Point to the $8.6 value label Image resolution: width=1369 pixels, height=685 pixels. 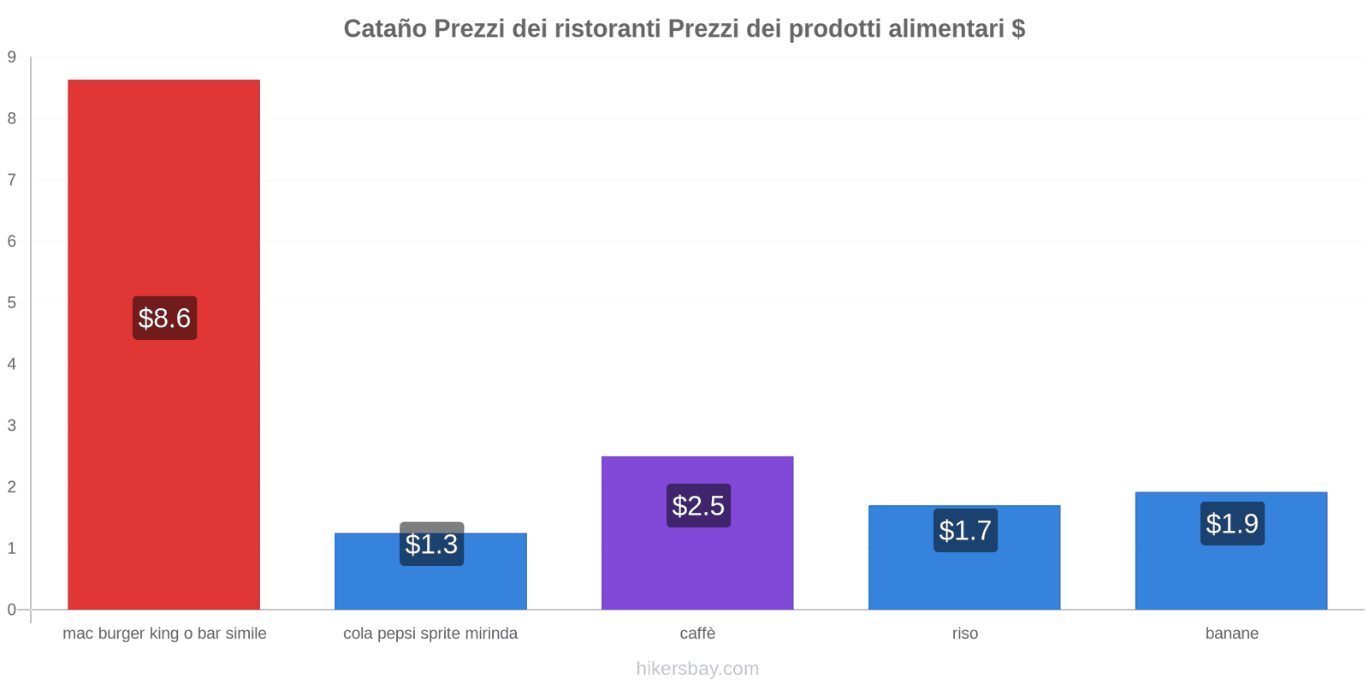[x=164, y=318]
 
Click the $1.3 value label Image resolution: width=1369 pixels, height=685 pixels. [x=431, y=544]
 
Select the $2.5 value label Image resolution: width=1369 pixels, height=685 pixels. [x=698, y=505]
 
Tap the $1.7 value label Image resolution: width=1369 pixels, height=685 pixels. [x=965, y=530]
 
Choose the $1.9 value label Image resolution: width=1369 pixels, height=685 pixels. [x=1232, y=523]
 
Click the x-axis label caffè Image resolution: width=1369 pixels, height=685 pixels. [x=697, y=634]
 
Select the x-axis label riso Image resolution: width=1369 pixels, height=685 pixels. [x=964, y=634]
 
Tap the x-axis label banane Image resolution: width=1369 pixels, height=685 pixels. [x=1231, y=634]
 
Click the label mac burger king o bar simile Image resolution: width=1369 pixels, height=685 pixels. [x=164, y=634]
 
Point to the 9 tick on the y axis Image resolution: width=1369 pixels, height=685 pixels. [x=12, y=57]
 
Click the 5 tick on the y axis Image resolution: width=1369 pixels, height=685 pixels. [x=12, y=302]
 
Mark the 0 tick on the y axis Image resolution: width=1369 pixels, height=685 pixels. [x=12, y=610]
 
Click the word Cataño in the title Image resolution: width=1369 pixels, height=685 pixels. [x=385, y=28]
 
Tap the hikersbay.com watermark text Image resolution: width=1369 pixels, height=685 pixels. [x=697, y=668]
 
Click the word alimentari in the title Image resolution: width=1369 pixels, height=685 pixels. [x=945, y=28]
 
